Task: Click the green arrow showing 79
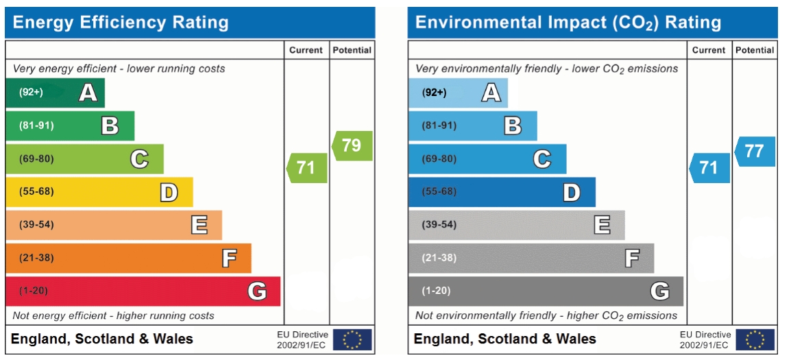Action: pos(352,146)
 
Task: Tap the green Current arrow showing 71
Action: pos(306,168)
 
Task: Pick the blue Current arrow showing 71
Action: pos(709,168)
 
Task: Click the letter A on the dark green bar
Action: pos(88,93)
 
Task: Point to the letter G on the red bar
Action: pos(257,291)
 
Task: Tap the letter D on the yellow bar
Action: pos(169,193)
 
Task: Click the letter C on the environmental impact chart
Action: pos(542,159)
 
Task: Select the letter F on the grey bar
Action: pos(632,259)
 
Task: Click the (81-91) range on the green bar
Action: pos(36,125)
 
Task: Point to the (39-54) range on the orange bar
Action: pos(36,225)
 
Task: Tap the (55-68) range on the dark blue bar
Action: pos(439,192)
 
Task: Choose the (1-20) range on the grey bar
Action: pos(436,291)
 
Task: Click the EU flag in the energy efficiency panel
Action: pos(352,339)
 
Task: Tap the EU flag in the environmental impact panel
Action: pos(755,339)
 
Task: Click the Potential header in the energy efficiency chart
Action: pos(352,50)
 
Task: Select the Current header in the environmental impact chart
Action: pos(709,50)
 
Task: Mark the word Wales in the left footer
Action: pos(171,339)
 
